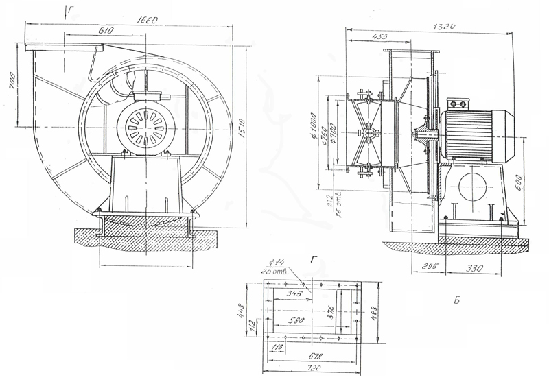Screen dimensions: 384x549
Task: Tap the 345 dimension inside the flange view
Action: (x=297, y=293)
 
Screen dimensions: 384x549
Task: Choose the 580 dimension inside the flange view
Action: (x=298, y=320)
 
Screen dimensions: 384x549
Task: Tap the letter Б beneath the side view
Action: (x=456, y=300)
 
